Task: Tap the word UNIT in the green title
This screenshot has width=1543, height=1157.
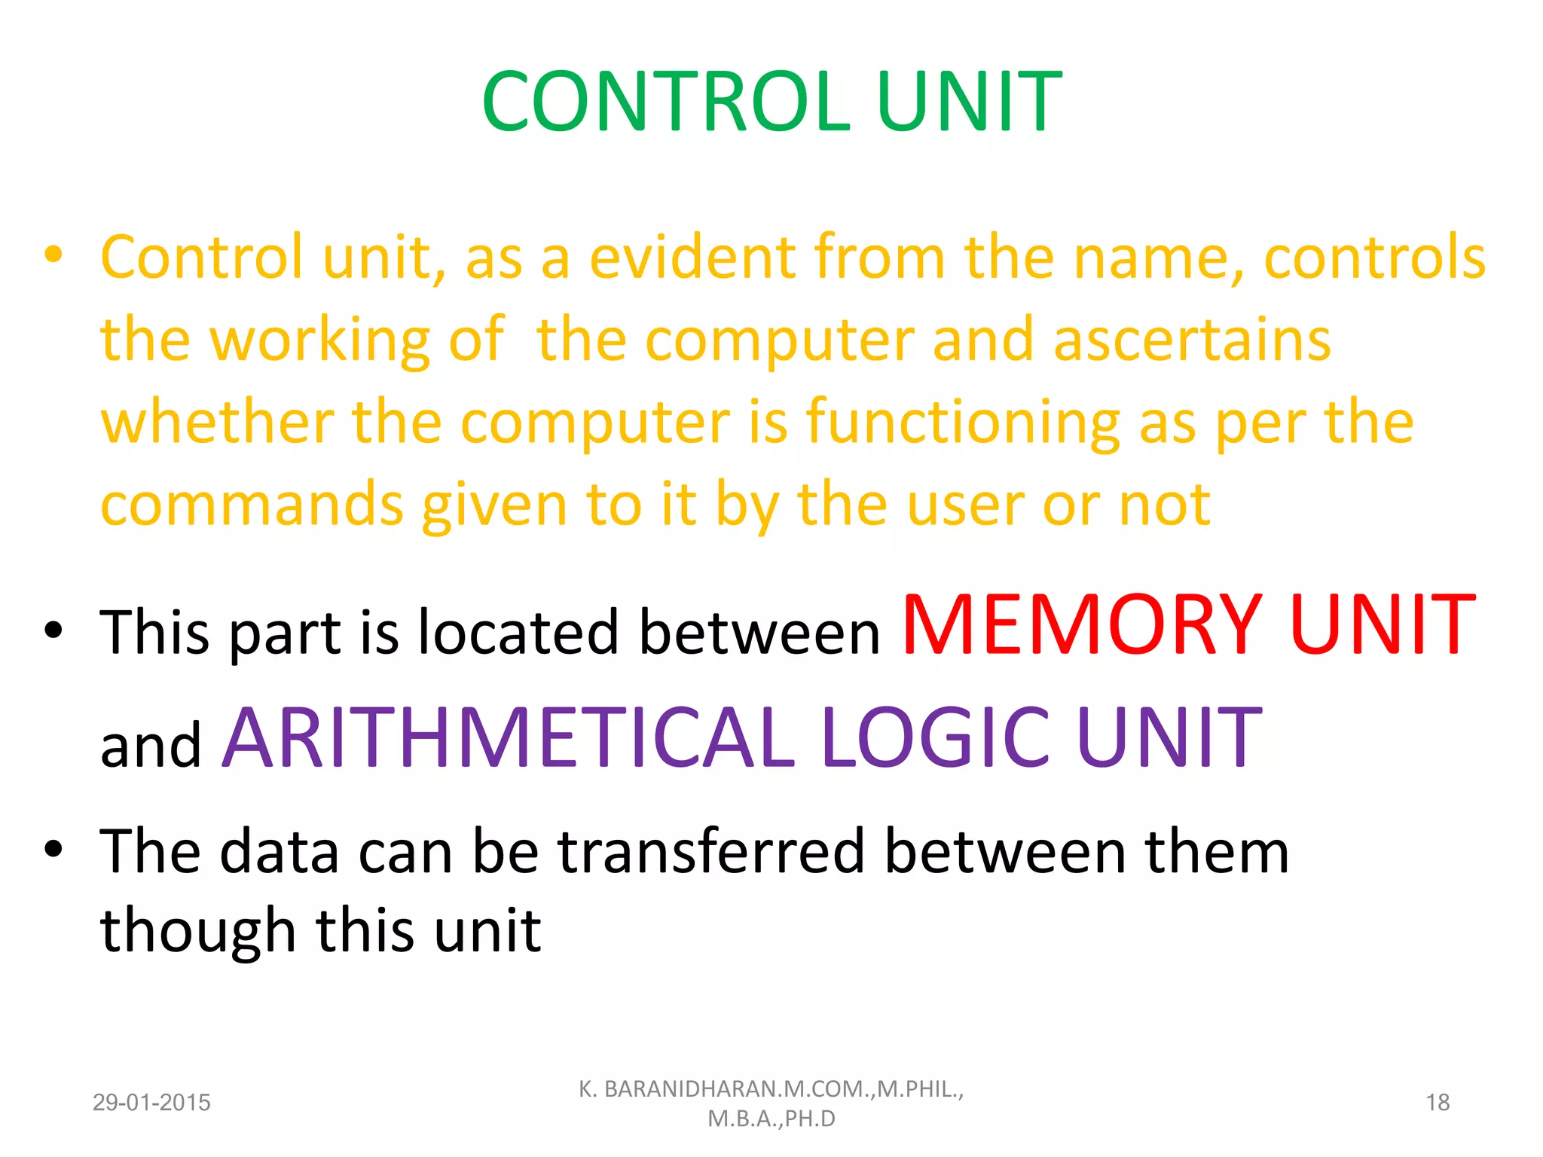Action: (x=969, y=102)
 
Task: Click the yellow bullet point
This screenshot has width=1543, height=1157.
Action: (x=53, y=255)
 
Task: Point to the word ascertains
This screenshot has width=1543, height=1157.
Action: (x=1192, y=340)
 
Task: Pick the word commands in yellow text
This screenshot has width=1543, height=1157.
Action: (x=252, y=505)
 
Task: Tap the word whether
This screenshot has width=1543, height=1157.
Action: (x=217, y=422)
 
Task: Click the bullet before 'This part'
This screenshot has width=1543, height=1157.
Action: (x=53, y=630)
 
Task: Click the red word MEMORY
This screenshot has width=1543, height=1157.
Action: (x=1081, y=625)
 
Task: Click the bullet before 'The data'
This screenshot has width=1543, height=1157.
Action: (x=53, y=849)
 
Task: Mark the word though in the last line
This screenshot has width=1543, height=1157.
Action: (x=197, y=932)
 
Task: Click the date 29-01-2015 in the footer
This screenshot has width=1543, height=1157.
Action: (x=151, y=1103)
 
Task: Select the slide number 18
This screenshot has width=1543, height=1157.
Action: (x=1438, y=1103)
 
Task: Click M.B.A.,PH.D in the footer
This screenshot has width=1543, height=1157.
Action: (x=771, y=1119)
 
